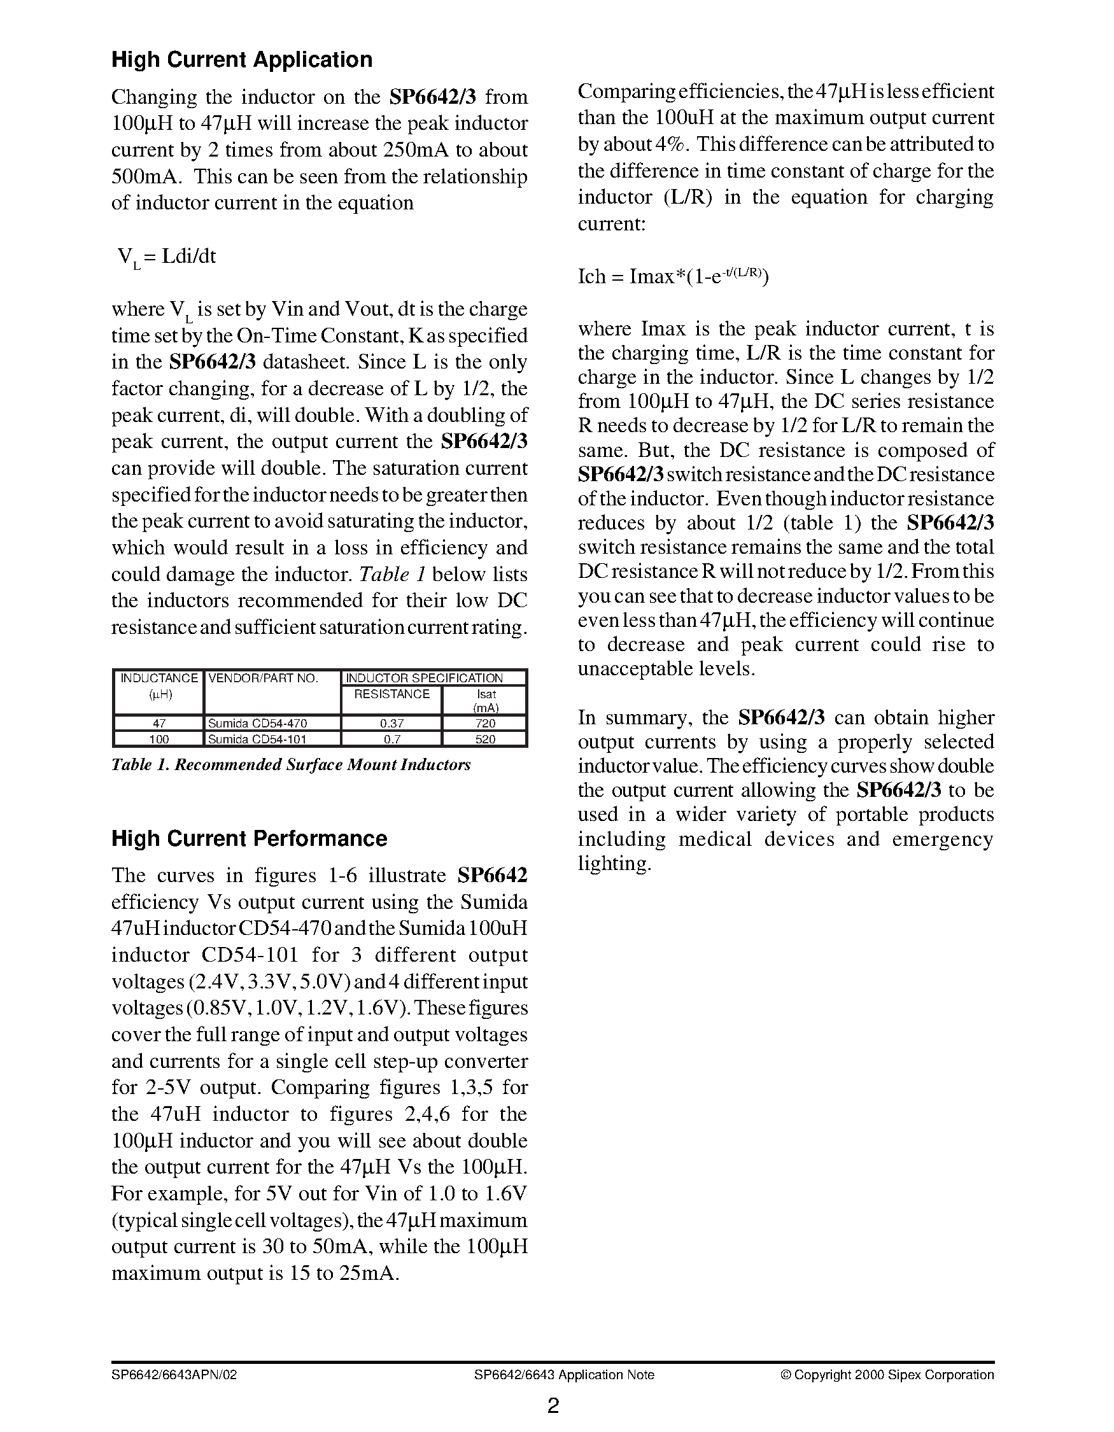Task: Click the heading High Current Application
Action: (241, 60)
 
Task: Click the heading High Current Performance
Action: (248, 839)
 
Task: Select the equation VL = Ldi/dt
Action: (166, 257)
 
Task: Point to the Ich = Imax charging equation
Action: (673, 276)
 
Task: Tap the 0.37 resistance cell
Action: (391, 723)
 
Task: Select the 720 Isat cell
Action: (485, 723)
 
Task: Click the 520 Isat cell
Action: (485, 739)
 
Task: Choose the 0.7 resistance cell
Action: (391, 739)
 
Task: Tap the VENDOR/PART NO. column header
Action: (262, 678)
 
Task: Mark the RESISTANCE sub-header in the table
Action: (391, 694)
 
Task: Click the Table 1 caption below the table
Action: (290, 764)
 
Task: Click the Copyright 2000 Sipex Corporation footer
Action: (887, 1374)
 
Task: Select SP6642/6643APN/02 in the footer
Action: (174, 1374)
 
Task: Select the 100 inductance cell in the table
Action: (159, 739)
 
